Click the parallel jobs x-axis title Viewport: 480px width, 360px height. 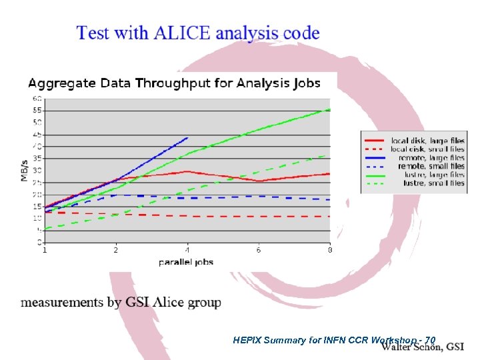[186, 262]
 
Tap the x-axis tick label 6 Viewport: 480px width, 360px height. [259, 251]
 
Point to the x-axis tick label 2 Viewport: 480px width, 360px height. [116, 251]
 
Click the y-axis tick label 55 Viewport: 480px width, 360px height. [37, 110]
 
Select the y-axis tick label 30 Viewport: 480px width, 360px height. [37, 170]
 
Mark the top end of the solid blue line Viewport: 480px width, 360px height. [188, 137]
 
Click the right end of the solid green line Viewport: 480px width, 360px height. [329, 109]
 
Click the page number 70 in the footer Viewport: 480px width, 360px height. [430, 340]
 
